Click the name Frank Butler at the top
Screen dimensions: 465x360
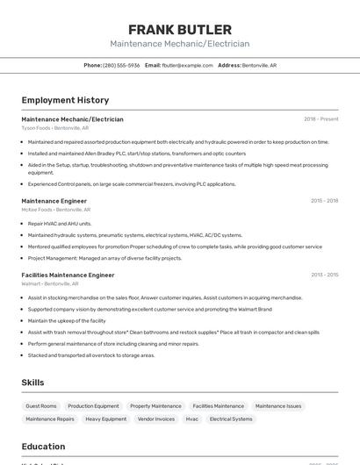pos(180,30)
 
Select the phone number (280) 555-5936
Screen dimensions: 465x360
pos(121,65)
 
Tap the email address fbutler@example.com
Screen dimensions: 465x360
pos(188,65)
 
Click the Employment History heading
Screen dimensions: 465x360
pos(65,100)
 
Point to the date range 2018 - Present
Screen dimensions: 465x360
pos(321,118)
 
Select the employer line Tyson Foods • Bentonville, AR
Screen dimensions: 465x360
pos(54,128)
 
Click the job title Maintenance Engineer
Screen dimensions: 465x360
pos(54,201)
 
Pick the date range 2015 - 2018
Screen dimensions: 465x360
pos(324,201)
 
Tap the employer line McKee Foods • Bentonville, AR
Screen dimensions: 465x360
pos(55,210)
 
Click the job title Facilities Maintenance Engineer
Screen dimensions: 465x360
pos(68,275)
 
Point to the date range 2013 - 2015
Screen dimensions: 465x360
pos(324,275)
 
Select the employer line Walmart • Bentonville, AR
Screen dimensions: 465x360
pos(50,284)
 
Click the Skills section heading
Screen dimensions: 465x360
pos(32,383)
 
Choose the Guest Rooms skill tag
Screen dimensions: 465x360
pos(41,406)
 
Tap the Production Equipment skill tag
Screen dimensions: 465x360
pos(93,406)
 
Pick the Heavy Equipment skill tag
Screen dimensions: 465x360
pos(105,419)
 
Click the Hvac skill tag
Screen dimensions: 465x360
pos(191,419)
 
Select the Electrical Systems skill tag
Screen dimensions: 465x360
pos(231,419)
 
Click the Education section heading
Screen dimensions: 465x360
pos(43,446)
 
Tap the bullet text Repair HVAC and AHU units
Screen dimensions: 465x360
pos(60,224)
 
